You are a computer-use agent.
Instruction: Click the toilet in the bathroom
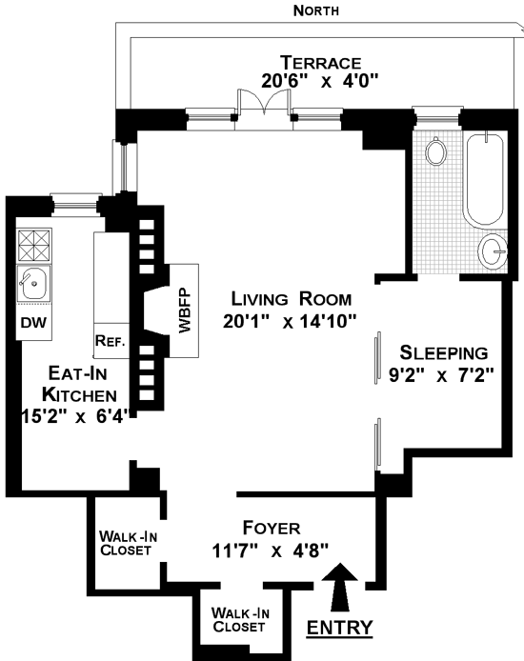pos(435,150)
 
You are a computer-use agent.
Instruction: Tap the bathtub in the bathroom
pos(485,180)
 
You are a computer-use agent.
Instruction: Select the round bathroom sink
pos(493,251)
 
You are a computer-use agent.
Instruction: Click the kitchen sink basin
pos(33,283)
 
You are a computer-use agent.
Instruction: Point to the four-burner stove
pos(33,246)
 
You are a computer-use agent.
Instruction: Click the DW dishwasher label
pos(33,323)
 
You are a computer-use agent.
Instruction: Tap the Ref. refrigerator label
pos(111,341)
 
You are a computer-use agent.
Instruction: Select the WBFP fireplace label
pos(185,310)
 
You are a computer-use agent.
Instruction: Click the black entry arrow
pos(340,587)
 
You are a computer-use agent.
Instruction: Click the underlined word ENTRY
pos(340,628)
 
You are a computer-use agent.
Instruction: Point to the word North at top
pos(316,10)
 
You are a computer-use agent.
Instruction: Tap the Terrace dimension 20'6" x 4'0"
pos(320,81)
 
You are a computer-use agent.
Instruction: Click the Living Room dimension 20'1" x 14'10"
pos(290,322)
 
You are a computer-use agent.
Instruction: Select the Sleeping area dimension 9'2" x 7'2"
pos(441,374)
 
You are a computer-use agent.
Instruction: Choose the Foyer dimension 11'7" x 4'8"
pos(271,551)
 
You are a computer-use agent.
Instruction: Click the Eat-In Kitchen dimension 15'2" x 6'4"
pos(74,416)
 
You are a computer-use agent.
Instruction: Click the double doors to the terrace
pos(264,103)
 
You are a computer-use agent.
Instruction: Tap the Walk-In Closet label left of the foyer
pos(129,544)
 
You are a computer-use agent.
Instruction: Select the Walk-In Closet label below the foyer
pos(240,619)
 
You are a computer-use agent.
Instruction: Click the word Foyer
pos(272,528)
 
